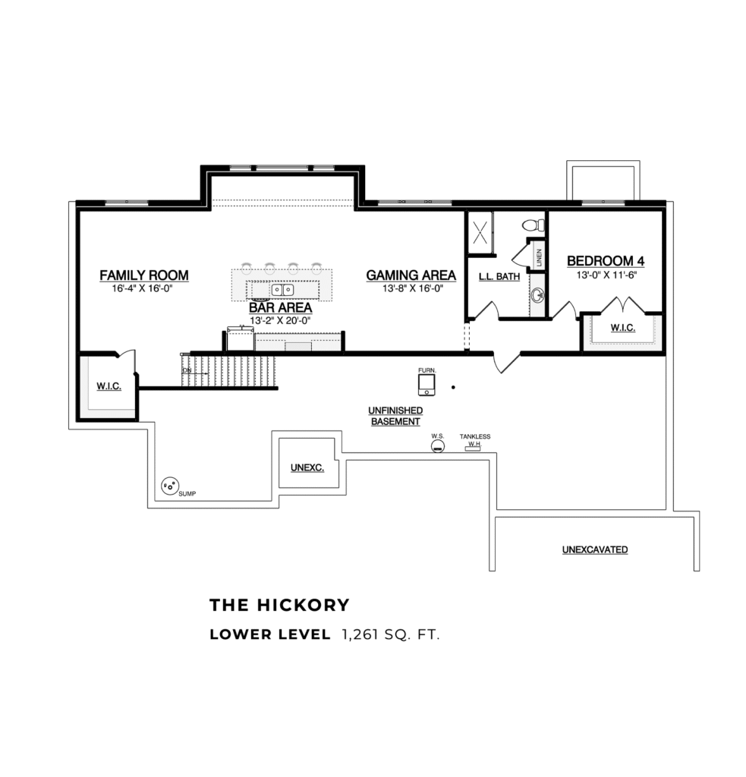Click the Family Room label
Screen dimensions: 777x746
point(143,275)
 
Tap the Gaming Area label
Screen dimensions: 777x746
point(411,275)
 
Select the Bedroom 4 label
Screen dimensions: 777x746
point(606,261)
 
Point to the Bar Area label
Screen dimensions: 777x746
point(280,308)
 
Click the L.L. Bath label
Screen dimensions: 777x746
point(499,277)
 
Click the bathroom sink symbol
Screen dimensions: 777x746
point(537,294)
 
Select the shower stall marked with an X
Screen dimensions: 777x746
point(480,232)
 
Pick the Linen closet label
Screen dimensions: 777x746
point(539,258)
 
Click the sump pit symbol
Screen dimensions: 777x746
point(169,485)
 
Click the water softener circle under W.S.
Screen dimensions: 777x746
point(437,448)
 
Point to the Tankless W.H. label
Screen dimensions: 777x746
point(475,440)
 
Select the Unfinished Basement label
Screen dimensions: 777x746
point(395,416)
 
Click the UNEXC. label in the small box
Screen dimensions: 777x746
point(307,468)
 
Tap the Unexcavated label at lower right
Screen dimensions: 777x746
point(594,549)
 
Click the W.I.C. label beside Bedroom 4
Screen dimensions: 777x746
point(622,329)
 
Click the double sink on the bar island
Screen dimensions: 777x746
point(283,290)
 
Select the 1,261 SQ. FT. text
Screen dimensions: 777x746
point(390,634)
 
